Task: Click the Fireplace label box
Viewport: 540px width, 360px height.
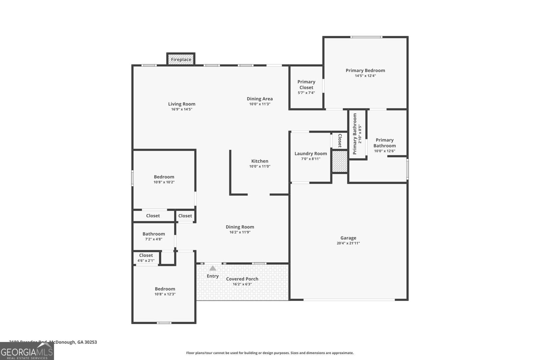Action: pyautogui.click(x=181, y=59)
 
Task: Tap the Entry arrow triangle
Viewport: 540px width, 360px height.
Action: pyautogui.click(x=213, y=268)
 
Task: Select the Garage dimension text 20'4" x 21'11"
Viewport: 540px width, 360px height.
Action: pyautogui.click(x=348, y=243)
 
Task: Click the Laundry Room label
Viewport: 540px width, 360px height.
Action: pyautogui.click(x=310, y=154)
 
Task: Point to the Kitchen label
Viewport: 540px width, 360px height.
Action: pyautogui.click(x=260, y=161)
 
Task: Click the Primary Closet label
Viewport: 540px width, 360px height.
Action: pyautogui.click(x=306, y=84)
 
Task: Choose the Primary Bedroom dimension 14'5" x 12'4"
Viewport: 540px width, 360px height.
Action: pyautogui.click(x=365, y=76)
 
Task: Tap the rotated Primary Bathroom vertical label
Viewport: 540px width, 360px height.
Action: pyautogui.click(x=355, y=134)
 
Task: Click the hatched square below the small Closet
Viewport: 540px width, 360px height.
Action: pyautogui.click(x=340, y=161)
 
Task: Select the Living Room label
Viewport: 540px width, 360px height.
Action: pyautogui.click(x=182, y=104)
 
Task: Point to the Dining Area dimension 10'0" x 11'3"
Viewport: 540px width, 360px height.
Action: pyautogui.click(x=260, y=104)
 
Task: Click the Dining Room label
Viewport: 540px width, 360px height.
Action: pyautogui.click(x=240, y=227)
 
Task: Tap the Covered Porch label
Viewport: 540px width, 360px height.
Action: pyautogui.click(x=242, y=279)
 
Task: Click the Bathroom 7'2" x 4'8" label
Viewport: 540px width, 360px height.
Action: pyautogui.click(x=154, y=234)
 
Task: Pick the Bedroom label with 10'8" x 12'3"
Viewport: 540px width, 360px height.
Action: pyautogui.click(x=165, y=289)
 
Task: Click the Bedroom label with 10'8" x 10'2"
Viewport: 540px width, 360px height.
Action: pyautogui.click(x=164, y=177)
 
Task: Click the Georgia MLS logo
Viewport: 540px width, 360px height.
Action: pyautogui.click(x=27, y=352)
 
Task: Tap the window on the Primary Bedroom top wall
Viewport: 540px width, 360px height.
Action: pyautogui.click(x=366, y=37)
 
